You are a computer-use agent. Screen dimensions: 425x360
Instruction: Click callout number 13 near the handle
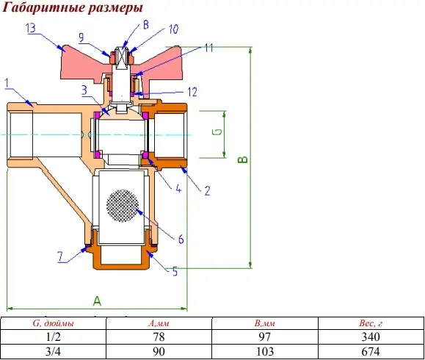(31, 28)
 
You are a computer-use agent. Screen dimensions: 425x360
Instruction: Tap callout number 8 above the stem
(146, 25)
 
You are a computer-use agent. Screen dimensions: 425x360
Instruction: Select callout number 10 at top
(173, 29)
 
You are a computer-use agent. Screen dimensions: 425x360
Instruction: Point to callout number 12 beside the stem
(192, 92)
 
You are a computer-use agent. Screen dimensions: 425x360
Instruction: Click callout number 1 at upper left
(7, 83)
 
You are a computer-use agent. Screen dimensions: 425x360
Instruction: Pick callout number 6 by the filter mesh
(181, 240)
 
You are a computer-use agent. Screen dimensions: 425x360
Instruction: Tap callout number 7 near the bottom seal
(60, 256)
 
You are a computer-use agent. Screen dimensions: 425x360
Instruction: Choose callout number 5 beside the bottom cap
(175, 272)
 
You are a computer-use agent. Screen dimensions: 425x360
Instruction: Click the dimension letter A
(97, 301)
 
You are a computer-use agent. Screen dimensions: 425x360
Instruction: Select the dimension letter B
(242, 159)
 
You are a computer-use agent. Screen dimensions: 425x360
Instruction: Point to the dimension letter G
(218, 132)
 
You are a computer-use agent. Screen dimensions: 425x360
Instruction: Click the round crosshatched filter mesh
(123, 206)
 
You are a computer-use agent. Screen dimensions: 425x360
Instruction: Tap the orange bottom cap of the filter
(120, 257)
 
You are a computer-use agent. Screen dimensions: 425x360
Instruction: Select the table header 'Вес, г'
(371, 323)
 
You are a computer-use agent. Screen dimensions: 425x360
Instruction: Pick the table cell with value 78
(159, 337)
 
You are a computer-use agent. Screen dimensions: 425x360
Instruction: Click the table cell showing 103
(265, 352)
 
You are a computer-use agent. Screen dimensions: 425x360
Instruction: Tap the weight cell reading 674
(371, 352)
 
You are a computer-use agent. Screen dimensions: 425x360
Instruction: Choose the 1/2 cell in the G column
(53, 337)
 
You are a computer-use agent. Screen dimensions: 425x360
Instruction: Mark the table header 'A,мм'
(159, 323)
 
